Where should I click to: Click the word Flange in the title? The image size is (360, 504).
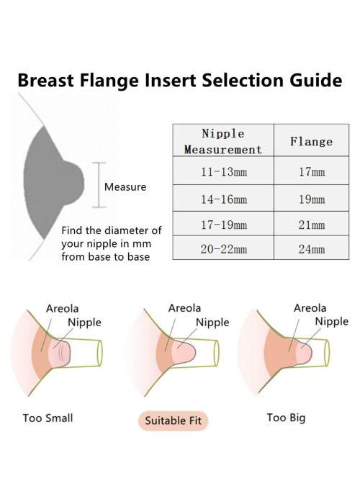(x=109, y=80)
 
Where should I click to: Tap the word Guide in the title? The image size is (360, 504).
(x=315, y=80)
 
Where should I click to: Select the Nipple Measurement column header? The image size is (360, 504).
(x=223, y=140)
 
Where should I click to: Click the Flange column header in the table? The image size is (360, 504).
(x=311, y=140)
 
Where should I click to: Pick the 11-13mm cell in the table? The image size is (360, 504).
(x=223, y=171)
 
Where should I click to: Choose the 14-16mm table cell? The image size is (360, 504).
(x=223, y=198)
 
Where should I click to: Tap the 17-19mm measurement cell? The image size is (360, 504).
(x=223, y=223)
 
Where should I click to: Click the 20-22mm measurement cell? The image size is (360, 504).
(x=223, y=248)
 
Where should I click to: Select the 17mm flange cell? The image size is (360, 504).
(x=311, y=171)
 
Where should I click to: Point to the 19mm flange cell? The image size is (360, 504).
(x=311, y=198)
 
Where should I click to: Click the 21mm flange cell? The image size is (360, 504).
(x=311, y=223)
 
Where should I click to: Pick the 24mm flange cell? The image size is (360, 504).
(x=311, y=248)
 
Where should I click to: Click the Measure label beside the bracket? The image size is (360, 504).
(x=125, y=186)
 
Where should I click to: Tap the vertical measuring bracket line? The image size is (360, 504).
(x=99, y=185)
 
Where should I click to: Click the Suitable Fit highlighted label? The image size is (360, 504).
(x=174, y=420)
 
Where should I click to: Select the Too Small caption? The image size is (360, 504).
(x=48, y=418)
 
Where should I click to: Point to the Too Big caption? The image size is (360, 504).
(x=286, y=418)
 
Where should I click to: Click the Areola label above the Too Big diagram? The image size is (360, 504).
(x=310, y=308)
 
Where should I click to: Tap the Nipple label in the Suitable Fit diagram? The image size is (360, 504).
(x=212, y=322)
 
